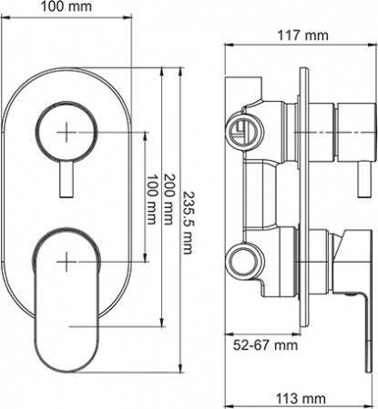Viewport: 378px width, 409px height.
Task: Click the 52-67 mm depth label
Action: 263,346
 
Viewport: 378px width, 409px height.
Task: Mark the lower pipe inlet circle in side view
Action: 242,261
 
